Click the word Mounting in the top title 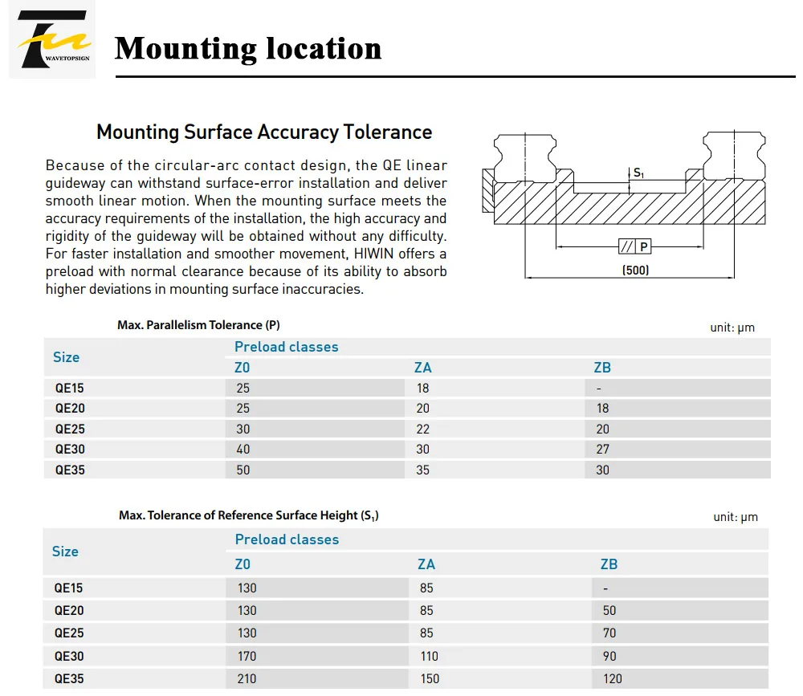point(184,49)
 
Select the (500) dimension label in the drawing point(635,271)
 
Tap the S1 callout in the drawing point(638,173)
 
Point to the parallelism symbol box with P point(634,246)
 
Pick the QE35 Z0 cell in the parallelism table point(243,470)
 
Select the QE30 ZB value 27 point(602,450)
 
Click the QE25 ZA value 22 point(422,429)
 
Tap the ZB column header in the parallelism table point(601,368)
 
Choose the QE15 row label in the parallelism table point(69,388)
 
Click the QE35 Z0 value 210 point(247,679)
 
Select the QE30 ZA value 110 point(429,657)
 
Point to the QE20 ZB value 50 point(609,611)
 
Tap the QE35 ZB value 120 point(612,679)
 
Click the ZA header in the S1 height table point(426,564)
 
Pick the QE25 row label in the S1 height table point(69,633)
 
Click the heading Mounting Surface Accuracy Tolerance point(264,132)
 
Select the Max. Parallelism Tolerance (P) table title point(198,325)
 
